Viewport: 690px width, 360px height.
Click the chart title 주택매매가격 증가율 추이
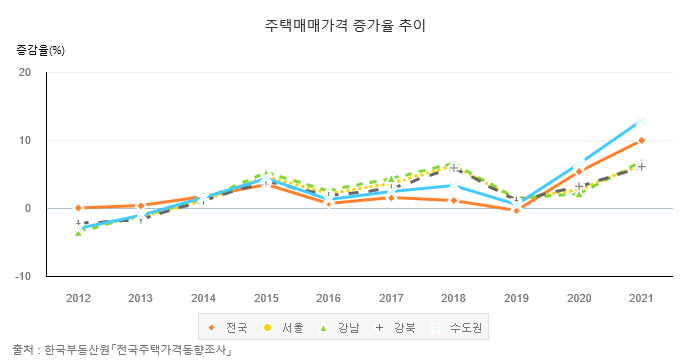pyautogui.click(x=345, y=24)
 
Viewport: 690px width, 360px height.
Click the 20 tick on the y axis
pyautogui.click(x=25, y=72)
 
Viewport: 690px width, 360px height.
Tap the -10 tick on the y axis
pyautogui.click(x=23, y=276)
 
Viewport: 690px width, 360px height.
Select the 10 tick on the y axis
pyautogui.click(x=25, y=140)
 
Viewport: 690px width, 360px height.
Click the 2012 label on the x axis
pyautogui.click(x=78, y=298)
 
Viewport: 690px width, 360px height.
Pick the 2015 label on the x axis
pyautogui.click(x=266, y=298)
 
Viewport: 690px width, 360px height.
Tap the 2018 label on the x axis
pyautogui.click(x=454, y=298)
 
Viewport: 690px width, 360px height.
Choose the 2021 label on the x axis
pyautogui.click(x=641, y=298)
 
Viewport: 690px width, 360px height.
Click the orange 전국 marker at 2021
pyautogui.click(x=641, y=141)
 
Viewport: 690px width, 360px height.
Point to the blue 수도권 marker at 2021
pyautogui.click(x=641, y=122)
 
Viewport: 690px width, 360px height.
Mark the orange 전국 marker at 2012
pyautogui.click(x=78, y=208)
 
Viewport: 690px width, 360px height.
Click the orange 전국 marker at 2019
pyautogui.click(x=516, y=210)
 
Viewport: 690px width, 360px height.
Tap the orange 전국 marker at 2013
pyautogui.click(x=141, y=206)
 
